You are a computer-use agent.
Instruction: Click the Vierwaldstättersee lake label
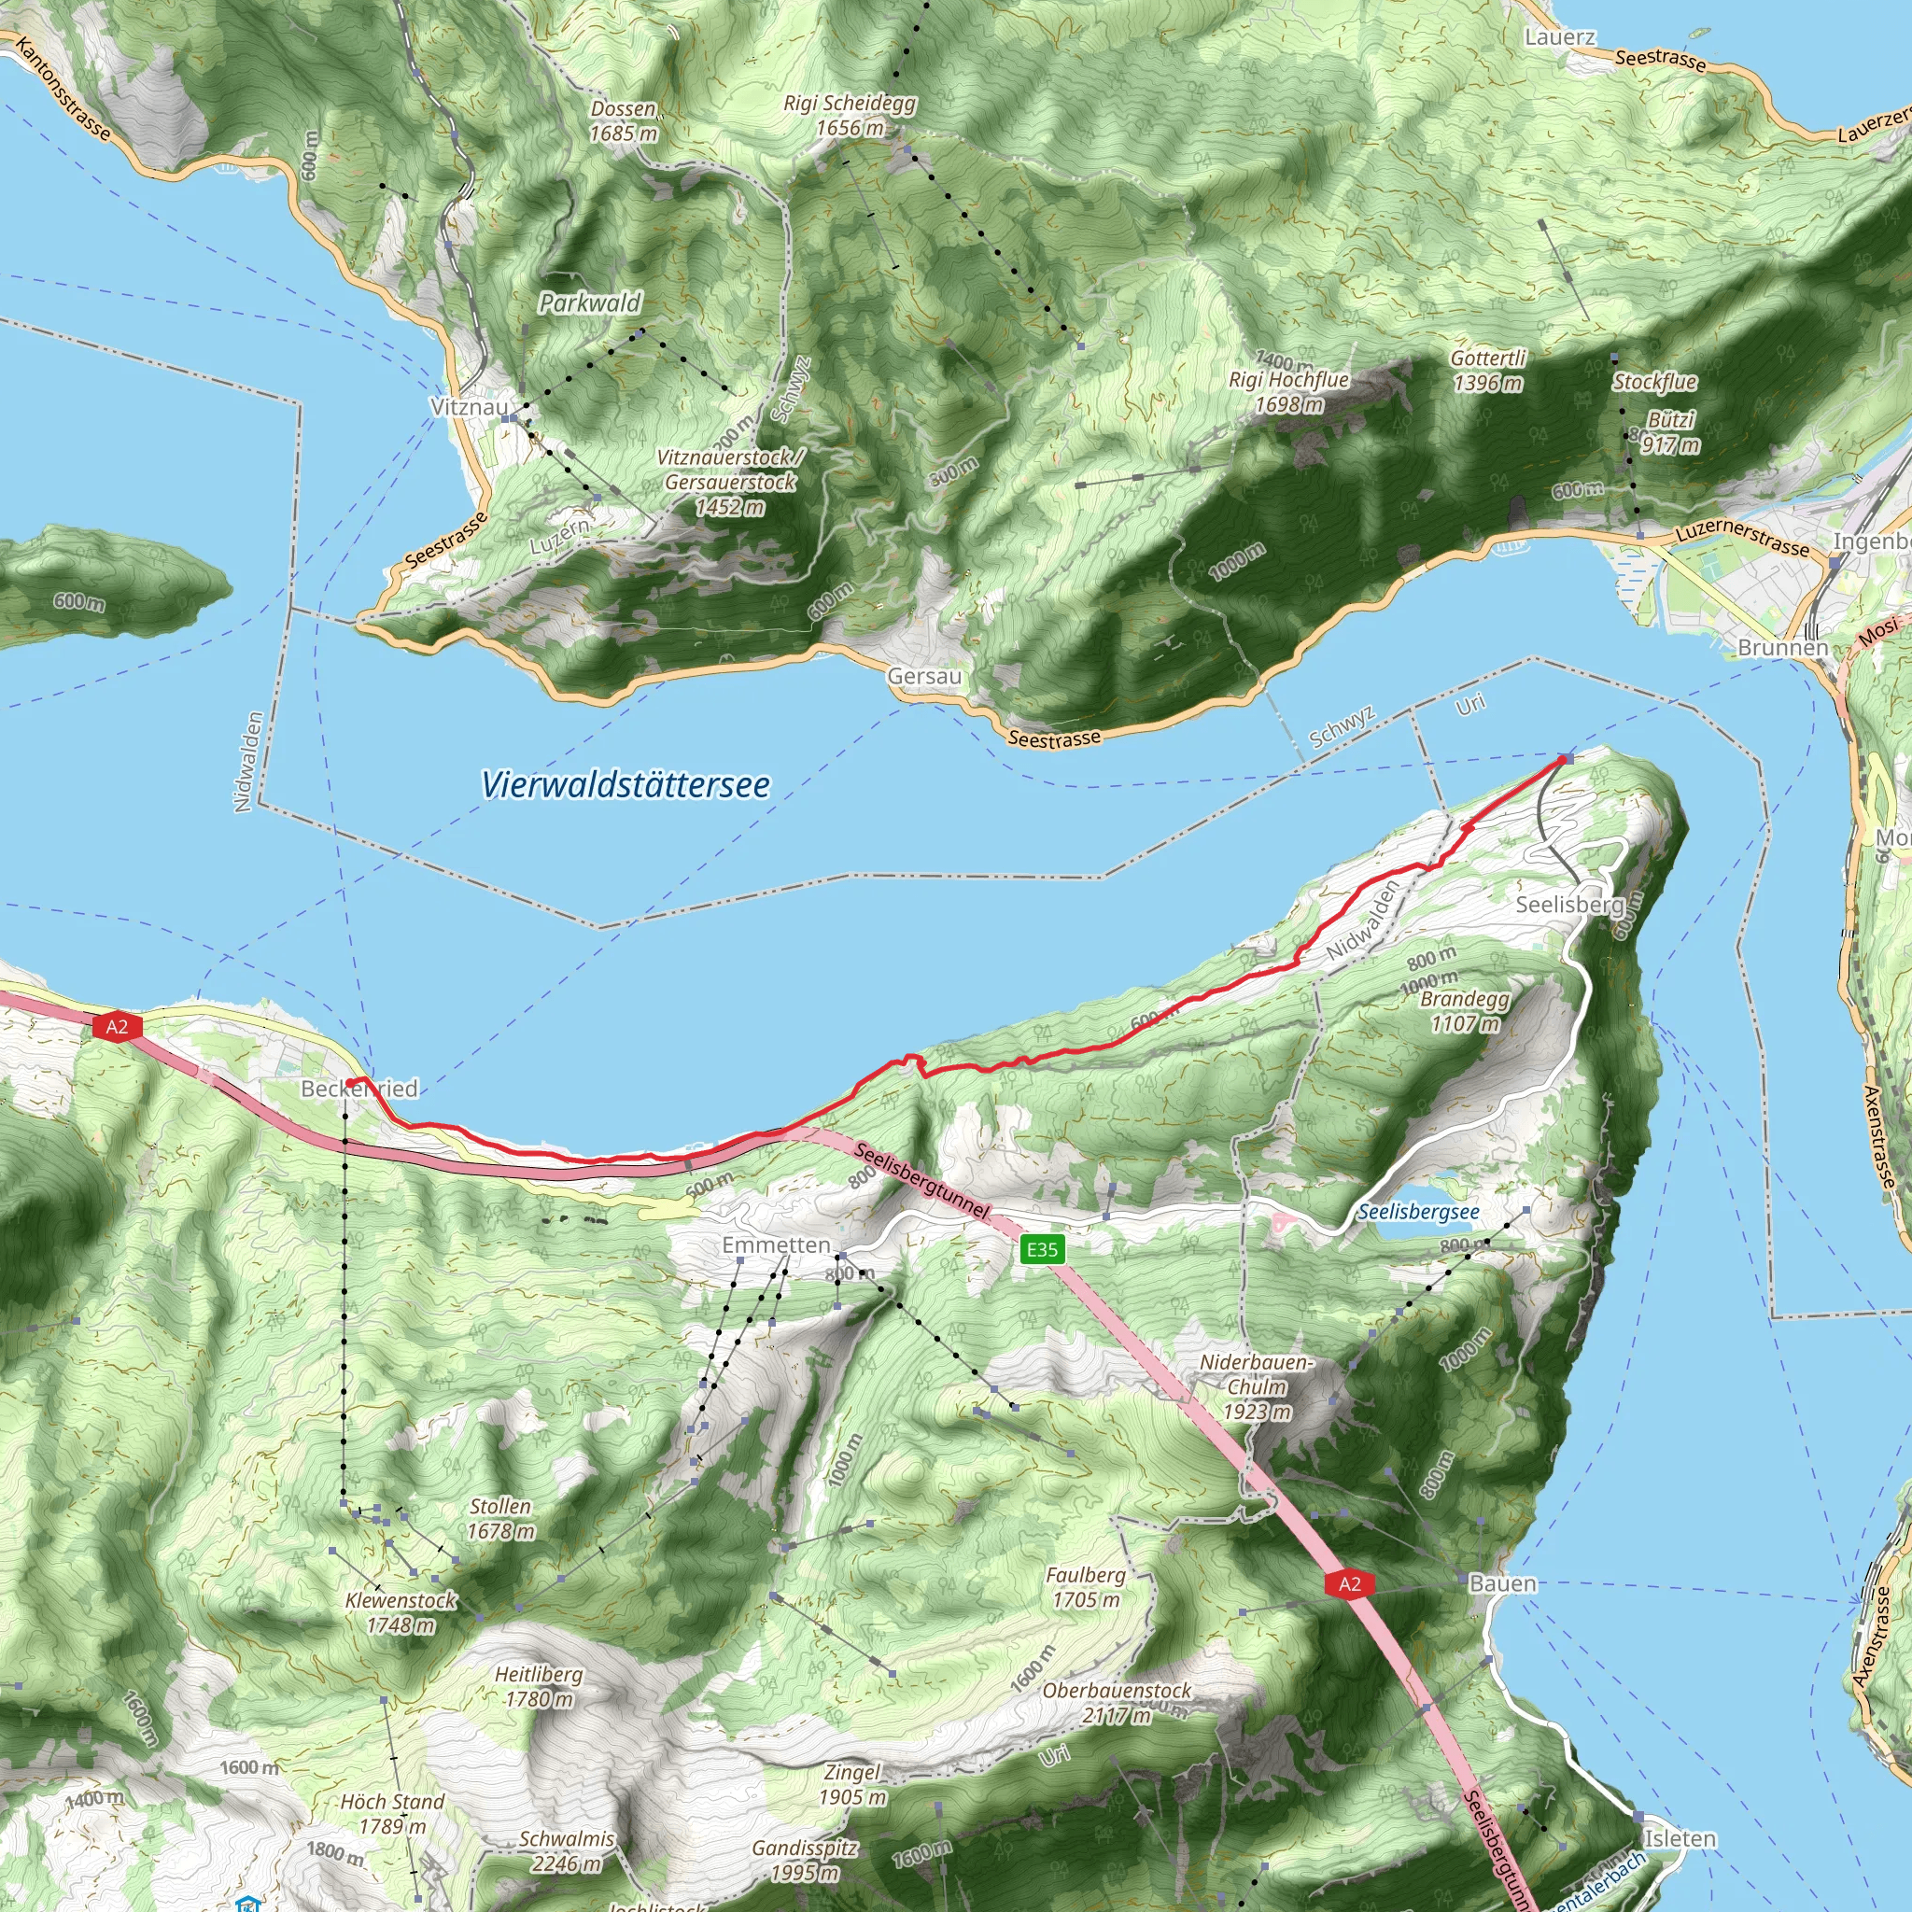(x=626, y=785)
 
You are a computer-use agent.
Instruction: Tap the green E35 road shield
(x=1041, y=1249)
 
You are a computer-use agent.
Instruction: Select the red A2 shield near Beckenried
(x=117, y=1026)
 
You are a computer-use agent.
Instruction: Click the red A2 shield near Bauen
(x=1349, y=1583)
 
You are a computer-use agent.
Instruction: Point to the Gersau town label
(x=924, y=676)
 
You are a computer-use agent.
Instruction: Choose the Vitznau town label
(x=469, y=407)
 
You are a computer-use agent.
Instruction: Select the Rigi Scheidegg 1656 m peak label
(x=851, y=115)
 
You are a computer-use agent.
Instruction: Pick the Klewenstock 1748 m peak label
(x=401, y=1612)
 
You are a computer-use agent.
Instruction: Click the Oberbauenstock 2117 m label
(x=1117, y=1702)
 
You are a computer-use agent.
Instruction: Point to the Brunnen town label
(x=1783, y=647)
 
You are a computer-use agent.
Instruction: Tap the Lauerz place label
(x=1560, y=37)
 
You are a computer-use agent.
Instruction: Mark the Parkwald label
(x=590, y=302)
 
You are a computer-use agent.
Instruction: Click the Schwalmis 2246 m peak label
(x=566, y=1850)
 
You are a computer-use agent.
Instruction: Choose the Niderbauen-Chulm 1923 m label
(x=1257, y=1386)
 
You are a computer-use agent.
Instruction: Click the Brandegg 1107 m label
(x=1465, y=1010)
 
